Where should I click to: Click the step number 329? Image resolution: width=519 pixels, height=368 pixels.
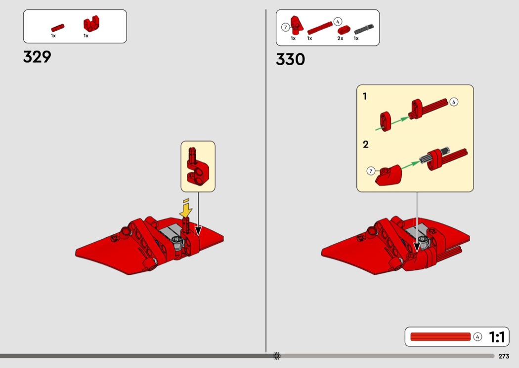tap(37, 57)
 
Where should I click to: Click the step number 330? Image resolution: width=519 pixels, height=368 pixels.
tap(290, 60)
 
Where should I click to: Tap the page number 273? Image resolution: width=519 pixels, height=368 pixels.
tap(504, 356)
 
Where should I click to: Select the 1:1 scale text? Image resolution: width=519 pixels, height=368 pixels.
tap(497, 337)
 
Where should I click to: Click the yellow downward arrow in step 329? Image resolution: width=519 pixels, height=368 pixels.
tap(186, 210)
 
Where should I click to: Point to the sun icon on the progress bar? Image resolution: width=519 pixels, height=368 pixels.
tap(277, 356)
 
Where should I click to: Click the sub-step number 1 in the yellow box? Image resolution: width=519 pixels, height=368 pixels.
tap(365, 96)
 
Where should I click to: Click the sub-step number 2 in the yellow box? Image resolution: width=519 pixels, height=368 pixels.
tap(365, 145)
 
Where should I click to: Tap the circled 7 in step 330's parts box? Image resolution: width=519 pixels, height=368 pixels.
tap(285, 28)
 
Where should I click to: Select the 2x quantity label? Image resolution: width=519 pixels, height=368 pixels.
tap(340, 38)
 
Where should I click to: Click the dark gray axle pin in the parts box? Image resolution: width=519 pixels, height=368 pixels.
tap(364, 29)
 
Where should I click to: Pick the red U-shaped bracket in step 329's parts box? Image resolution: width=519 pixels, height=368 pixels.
tap(91, 24)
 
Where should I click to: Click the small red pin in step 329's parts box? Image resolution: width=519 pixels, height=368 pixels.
tap(58, 28)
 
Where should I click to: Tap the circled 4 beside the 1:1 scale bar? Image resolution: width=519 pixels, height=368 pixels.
tap(477, 336)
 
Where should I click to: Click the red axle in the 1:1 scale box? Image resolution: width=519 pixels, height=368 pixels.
tap(440, 336)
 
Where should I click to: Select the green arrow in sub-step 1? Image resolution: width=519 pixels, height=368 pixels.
tap(392, 123)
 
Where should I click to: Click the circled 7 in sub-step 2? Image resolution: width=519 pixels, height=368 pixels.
tap(371, 171)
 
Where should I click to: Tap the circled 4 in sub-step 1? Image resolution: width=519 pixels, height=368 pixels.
tap(454, 102)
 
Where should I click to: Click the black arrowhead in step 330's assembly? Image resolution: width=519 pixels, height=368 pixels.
tap(417, 247)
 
